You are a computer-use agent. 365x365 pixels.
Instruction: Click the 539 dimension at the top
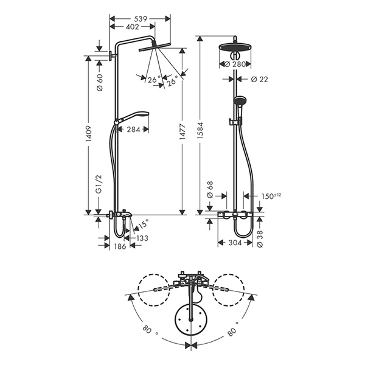pyautogui.click(x=141, y=19)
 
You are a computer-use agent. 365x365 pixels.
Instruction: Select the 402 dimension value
pyautogui.click(x=132, y=27)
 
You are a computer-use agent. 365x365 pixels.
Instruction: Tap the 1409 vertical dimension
pyautogui.click(x=89, y=134)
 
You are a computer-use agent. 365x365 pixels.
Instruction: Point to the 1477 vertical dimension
pyautogui.click(x=182, y=132)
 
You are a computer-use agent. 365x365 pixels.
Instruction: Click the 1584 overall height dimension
pyautogui.click(x=200, y=130)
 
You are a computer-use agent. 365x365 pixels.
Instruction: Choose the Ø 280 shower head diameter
pyautogui.click(x=235, y=64)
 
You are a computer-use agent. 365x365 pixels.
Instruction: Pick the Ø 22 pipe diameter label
pyautogui.click(x=260, y=79)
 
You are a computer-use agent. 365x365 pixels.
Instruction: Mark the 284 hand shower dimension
pyautogui.click(x=134, y=130)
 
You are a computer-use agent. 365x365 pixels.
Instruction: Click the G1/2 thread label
pyautogui.click(x=99, y=184)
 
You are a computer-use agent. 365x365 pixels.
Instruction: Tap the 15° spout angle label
pyautogui.click(x=143, y=224)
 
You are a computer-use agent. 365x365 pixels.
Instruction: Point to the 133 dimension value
pyautogui.click(x=142, y=238)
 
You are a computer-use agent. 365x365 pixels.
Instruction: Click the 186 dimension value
pyautogui.click(x=120, y=246)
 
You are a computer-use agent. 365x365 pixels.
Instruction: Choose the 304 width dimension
pyautogui.click(x=235, y=243)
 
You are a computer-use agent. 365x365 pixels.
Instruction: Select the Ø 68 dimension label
pyautogui.click(x=210, y=189)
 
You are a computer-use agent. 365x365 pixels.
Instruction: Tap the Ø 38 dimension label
pyautogui.click(x=260, y=238)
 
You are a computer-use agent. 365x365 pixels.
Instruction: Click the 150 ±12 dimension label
pyautogui.click(x=271, y=196)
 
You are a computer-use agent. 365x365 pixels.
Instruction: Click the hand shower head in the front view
pyautogui.click(x=238, y=100)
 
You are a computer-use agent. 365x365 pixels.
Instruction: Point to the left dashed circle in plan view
pyautogui.click(x=154, y=290)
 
